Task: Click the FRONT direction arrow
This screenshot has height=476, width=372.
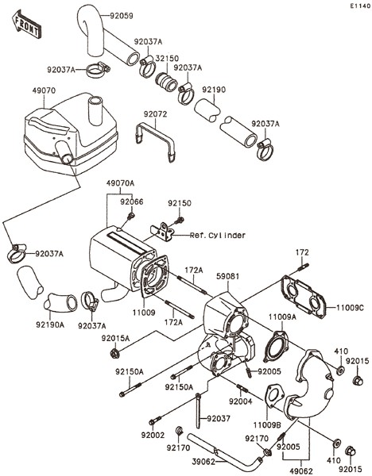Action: [26, 25]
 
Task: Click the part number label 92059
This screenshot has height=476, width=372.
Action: [122, 16]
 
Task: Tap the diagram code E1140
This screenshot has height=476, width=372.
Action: [360, 6]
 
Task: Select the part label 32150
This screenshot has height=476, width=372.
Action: [167, 58]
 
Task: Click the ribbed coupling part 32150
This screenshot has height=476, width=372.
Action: [167, 81]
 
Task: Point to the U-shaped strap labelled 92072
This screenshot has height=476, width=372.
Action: [155, 142]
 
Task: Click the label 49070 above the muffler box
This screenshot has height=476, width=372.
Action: [44, 90]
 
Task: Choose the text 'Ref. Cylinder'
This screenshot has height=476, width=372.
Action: [218, 236]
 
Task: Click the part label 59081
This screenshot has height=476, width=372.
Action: [228, 277]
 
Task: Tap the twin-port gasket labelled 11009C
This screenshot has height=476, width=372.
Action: [304, 297]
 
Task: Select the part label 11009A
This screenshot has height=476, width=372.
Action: [282, 317]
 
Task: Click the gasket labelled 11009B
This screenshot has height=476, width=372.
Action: [275, 397]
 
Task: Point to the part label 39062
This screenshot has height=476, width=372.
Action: [203, 462]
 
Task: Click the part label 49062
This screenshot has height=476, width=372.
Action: [300, 471]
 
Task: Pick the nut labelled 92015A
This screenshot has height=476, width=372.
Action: [115, 353]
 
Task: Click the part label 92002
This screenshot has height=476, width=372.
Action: [153, 436]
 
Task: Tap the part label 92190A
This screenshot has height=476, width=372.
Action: [50, 325]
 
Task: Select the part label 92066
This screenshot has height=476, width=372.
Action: [132, 202]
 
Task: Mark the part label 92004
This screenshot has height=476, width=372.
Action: [241, 401]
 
